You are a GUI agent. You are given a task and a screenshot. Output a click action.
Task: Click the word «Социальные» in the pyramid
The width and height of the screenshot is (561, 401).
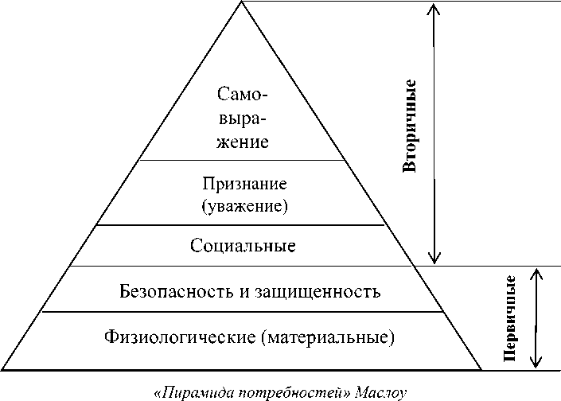(243, 246)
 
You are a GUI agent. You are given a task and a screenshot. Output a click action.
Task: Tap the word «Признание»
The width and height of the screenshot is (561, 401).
(243, 185)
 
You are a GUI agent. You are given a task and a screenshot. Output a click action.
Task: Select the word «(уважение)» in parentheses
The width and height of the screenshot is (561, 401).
(243, 207)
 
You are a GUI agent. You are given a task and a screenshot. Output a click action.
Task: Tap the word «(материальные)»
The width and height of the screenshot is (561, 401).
(327, 337)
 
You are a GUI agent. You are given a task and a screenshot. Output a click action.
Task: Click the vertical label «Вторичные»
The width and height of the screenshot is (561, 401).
(410, 126)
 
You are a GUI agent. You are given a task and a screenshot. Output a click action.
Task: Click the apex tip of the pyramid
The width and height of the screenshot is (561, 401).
(242, 2)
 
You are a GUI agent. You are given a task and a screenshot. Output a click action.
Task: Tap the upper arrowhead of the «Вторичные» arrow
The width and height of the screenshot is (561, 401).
(434, 10)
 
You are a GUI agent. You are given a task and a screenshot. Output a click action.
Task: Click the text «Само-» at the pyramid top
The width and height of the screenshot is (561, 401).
(243, 94)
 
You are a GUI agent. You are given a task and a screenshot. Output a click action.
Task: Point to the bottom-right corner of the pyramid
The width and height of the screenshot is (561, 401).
(481, 370)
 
